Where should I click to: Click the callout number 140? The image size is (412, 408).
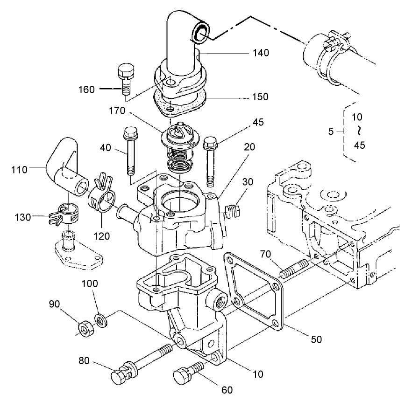pos(260,53)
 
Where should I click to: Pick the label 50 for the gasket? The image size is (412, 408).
pos(317,339)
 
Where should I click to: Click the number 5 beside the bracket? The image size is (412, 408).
pos(331,131)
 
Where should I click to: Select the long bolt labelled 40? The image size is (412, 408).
pos(129,152)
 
